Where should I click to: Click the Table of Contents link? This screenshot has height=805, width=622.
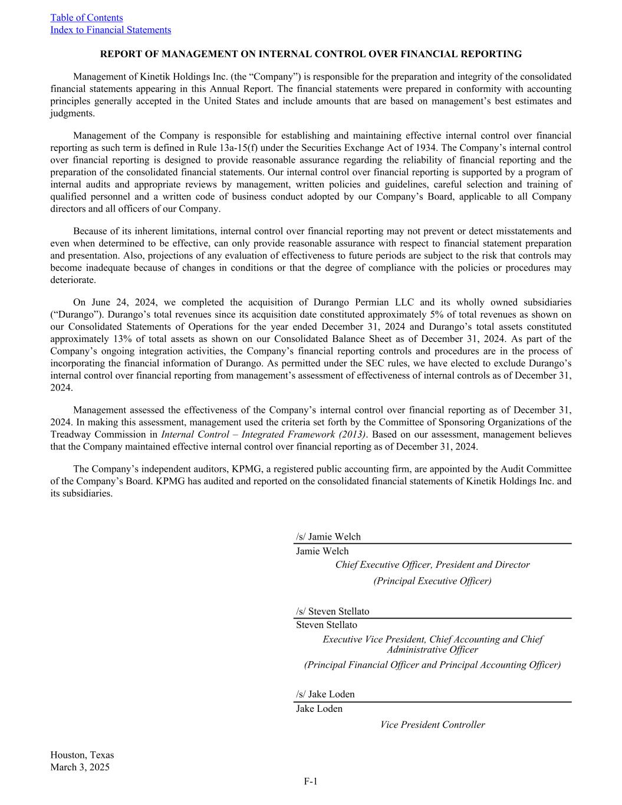[x=87, y=18]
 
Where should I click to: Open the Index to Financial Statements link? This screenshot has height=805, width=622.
[x=110, y=30]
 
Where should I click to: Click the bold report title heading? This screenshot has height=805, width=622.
[x=311, y=54]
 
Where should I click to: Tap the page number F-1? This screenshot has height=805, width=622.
[x=311, y=781]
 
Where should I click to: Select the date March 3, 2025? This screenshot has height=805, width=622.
[x=80, y=767]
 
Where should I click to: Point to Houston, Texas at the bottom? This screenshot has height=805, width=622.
[x=82, y=755]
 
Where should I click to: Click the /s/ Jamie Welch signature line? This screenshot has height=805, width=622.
[x=328, y=537]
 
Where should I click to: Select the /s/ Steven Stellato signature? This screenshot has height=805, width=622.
[x=333, y=611]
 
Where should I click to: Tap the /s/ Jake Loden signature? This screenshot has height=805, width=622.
[x=325, y=694]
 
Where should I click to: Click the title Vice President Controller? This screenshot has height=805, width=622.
[x=432, y=725]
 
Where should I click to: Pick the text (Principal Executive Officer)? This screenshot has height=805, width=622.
[x=432, y=581]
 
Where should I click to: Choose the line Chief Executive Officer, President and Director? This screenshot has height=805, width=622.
[x=432, y=565]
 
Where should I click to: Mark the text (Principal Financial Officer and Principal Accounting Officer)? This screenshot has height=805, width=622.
[x=432, y=665]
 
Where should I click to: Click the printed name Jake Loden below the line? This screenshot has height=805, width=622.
[x=319, y=709]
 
